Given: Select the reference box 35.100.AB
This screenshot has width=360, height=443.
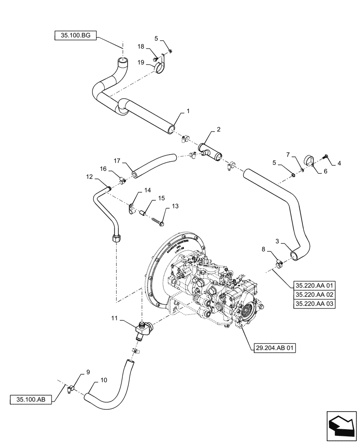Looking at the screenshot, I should point(30,399).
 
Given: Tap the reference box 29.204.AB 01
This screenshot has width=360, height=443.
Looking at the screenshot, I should point(275,348).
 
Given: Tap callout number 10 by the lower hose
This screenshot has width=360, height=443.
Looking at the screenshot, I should point(103,380).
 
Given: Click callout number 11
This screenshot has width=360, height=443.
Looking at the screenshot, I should point(114,319).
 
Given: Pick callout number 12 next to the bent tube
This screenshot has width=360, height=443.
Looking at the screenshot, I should point(89,177).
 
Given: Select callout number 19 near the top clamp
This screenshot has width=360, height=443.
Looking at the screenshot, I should point(141,63).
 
